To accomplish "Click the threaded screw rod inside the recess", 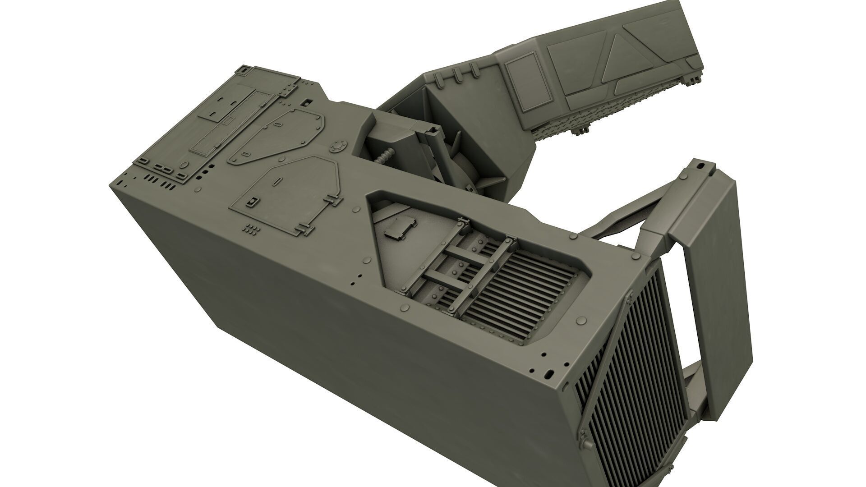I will click(x=385, y=158).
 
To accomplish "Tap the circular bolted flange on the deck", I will click(x=336, y=147).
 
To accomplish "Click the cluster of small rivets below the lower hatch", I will click(x=252, y=229).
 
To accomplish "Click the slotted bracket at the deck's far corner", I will click(x=243, y=71).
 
